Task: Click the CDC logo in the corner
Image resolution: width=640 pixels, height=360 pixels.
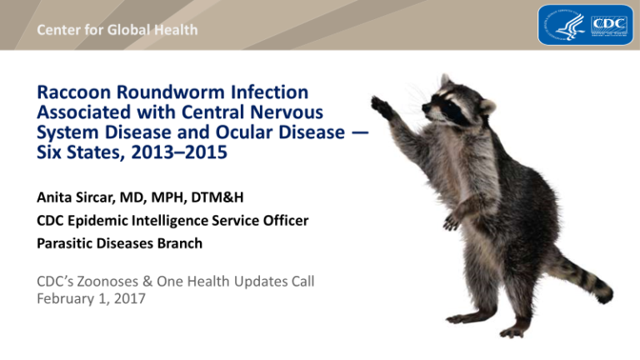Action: [x=585, y=24]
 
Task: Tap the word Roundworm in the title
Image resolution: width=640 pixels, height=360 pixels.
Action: [x=171, y=92]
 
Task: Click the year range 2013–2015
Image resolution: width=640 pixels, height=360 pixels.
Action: [x=179, y=152]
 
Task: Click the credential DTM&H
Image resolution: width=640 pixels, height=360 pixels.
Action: [x=217, y=197]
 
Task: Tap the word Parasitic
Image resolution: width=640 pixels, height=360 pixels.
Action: [x=65, y=243]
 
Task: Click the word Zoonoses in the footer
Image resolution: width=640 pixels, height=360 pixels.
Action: [x=107, y=282]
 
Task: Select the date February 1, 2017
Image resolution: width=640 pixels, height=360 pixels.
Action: [x=91, y=299]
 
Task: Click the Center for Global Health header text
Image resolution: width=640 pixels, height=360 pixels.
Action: [x=117, y=30]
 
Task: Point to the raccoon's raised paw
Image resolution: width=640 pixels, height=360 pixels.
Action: [x=382, y=107]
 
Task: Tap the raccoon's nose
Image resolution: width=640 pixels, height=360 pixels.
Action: [x=425, y=108]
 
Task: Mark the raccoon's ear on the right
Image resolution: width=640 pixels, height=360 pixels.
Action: [x=487, y=107]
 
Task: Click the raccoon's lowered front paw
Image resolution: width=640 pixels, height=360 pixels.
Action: [x=452, y=222]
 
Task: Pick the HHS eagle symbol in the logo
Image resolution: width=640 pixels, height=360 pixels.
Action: [x=565, y=25]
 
